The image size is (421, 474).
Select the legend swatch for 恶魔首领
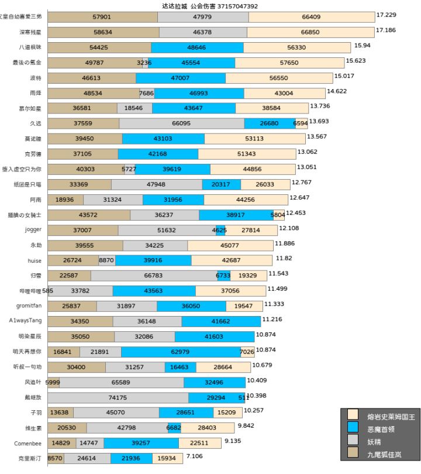[x=353, y=428]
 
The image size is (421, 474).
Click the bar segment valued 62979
[x=180, y=352]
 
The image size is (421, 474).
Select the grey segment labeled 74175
[x=118, y=397]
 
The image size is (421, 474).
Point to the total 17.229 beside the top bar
[x=387, y=15]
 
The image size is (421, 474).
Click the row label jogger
[x=33, y=229]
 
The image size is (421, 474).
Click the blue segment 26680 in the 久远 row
[x=270, y=123]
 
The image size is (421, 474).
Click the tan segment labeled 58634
[x=102, y=32]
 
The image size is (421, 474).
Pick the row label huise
[x=34, y=260]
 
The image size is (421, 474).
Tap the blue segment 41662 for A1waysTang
[x=221, y=321]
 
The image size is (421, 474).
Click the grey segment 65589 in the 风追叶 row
[x=121, y=382]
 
